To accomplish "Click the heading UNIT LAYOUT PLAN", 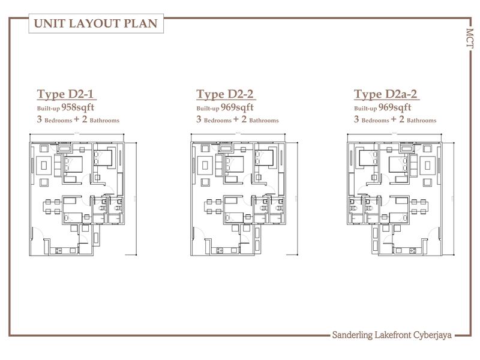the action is coord(95,23).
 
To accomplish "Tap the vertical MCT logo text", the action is coord(470,38).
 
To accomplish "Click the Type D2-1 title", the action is coord(65,95).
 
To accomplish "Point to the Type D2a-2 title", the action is coord(385,95).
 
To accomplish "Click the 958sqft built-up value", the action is coord(78,107).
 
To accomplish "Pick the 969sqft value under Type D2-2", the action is coord(237,107).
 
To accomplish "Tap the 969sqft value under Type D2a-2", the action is coord(395,107).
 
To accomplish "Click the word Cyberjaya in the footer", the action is coord(432,335).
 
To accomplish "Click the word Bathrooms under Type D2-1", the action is coord(104,121).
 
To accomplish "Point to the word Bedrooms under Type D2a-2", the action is coord(375,121).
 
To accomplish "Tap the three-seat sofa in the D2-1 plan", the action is coord(58,166).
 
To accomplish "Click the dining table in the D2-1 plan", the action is coord(52,206).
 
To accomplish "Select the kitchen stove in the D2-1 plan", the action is coord(58,251).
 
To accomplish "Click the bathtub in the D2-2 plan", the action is coord(226,148).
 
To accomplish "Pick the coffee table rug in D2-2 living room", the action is coord(205,166).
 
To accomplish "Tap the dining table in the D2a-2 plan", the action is coord(419,206).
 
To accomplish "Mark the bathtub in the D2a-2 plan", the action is coord(407,148).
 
